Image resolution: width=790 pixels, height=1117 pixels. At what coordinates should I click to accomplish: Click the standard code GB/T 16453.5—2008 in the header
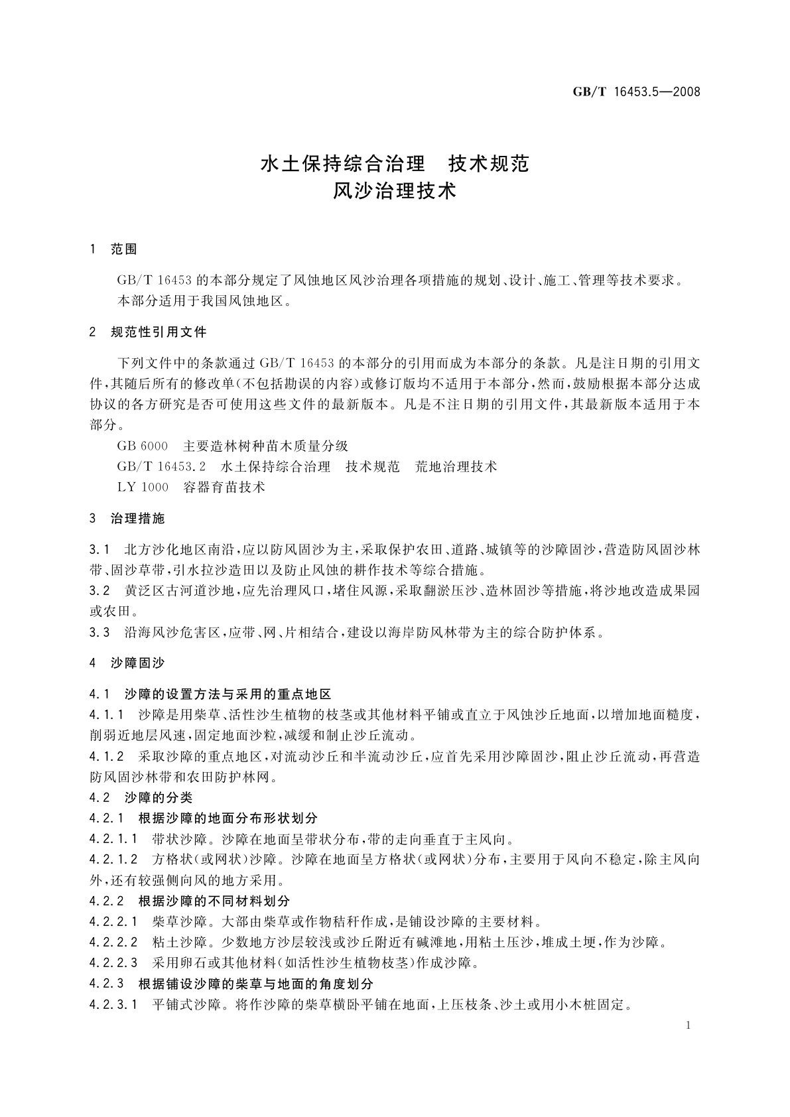pyautogui.click(x=636, y=92)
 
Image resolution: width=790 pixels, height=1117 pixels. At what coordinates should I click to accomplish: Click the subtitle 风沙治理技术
pyautogui.click(x=395, y=192)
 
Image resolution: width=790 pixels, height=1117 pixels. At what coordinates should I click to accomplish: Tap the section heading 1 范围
pyautogui.click(x=113, y=249)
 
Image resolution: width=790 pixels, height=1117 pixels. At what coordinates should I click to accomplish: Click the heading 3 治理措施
pyautogui.click(x=127, y=518)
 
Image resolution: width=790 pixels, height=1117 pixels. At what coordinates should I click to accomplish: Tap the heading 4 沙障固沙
pyautogui.click(x=127, y=662)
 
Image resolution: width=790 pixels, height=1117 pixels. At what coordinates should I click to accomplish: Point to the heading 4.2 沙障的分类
pyautogui.click(x=141, y=797)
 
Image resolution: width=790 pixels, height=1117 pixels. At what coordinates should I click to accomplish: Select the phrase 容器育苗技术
pyautogui.click(x=224, y=487)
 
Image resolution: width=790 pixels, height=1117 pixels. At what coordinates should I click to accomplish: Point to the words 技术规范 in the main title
pyautogui.click(x=490, y=163)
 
